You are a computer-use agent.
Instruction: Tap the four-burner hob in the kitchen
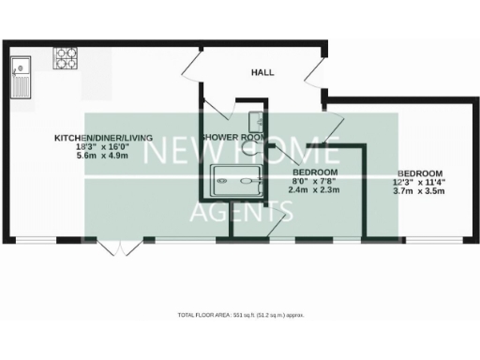click(x=67, y=57)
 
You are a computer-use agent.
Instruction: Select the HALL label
click(x=262, y=72)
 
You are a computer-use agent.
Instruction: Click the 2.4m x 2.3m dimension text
click(x=313, y=190)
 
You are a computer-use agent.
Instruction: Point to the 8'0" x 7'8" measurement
click(x=313, y=182)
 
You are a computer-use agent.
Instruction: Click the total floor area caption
click(x=240, y=315)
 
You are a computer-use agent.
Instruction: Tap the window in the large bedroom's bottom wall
click(x=434, y=239)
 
